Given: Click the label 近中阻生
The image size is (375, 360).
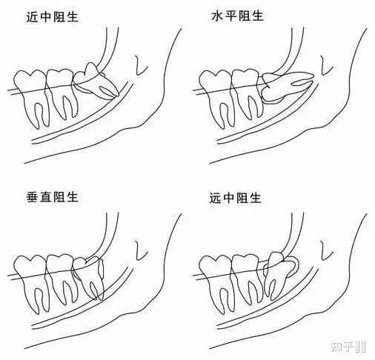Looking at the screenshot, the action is point(52,17).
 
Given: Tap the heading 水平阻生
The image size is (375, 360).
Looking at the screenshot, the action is point(237,16).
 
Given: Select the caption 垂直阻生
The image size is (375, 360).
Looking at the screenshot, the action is point(52,198).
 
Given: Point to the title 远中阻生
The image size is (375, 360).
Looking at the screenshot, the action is point(235,199).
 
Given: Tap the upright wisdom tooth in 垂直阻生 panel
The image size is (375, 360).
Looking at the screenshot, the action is point(90,276).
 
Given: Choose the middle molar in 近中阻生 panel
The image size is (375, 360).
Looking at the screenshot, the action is point(62,93).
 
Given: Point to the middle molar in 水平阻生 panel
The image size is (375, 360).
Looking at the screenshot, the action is point(247,93).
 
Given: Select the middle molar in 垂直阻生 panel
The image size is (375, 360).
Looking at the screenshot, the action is point(62,278).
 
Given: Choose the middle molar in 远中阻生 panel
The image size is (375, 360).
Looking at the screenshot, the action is point(247,278).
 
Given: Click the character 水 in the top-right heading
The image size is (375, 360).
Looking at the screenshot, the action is point(217,16).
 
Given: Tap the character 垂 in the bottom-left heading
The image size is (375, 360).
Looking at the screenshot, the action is point(32,198).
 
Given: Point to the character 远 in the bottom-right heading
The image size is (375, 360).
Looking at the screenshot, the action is point(215,199).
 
